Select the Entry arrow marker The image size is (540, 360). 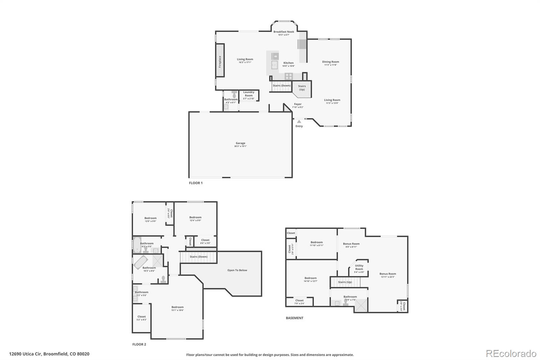(x=299, y=121)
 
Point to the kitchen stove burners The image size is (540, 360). (x=289, y=76)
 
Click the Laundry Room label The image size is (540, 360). (x=249, y=94)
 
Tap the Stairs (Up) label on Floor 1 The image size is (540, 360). (x=302, y=88)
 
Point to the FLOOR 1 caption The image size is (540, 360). (x=196, y=183)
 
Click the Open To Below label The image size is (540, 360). (x=237, y=270)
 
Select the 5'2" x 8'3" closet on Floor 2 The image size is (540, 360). (x=141, y=318)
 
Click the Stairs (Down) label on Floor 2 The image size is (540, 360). (x=198, y=257)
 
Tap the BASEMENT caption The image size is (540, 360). (x=295, y=318)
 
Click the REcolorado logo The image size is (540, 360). (x=511, y=353)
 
